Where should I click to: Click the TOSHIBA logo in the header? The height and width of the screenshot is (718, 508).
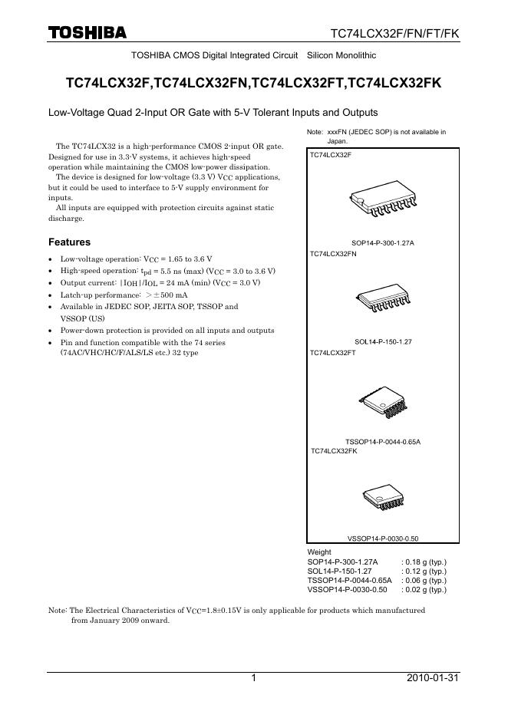click(x=87, y=33)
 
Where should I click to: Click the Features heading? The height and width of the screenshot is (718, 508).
click(x=69, y=242)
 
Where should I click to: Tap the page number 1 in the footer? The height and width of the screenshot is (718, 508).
click(x=252, y=678)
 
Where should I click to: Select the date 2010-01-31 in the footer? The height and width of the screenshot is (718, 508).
click(x=432, y=678)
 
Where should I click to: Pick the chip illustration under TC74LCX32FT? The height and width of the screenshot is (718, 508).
click(x=384, y=401)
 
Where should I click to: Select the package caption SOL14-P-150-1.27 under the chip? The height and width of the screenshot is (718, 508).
click(x=383, y=341)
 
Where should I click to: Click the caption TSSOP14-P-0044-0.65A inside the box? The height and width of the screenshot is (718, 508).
click(x=383, y=442)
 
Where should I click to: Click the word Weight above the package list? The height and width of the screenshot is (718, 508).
click(x=319, y=552)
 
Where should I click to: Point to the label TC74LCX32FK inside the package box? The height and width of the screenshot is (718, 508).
click(x=334, y=451)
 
